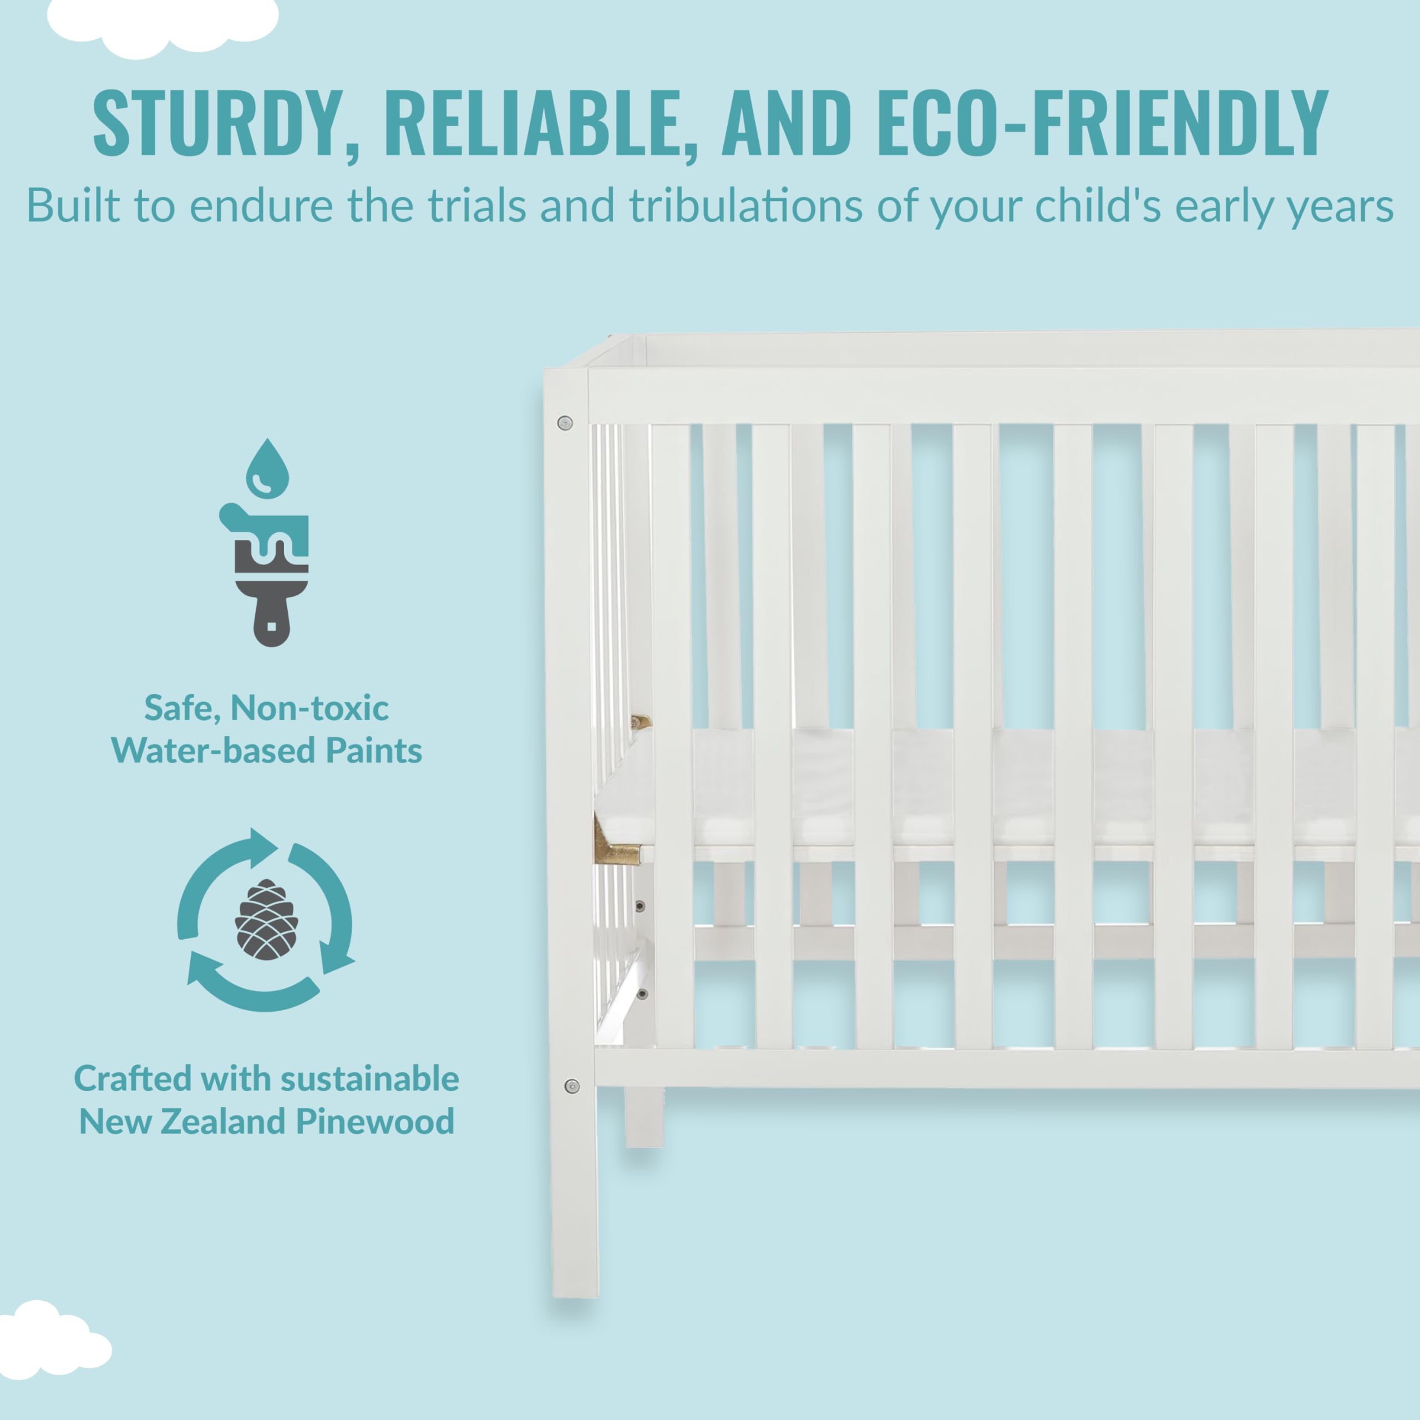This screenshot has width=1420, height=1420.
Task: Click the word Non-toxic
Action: [310, 708]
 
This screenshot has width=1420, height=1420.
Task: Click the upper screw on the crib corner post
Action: [565, 423]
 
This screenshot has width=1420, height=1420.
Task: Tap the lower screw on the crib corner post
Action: [572, 1086]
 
